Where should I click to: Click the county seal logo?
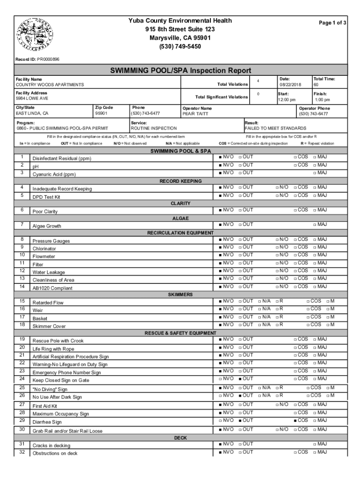tap(31, 35)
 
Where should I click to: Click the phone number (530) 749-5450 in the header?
tap(180, 47)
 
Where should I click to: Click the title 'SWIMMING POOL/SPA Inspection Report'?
tap(180, 71)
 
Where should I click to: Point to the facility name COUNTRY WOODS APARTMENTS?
tap(50, 85)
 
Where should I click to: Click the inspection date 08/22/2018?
tap(291, 85)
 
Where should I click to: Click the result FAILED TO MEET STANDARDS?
tap(275, 128)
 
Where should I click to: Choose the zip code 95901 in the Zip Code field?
tap(101, 113)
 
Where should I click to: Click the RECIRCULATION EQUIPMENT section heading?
tap(180, 232)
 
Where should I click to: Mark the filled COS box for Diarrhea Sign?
tap(295, 420)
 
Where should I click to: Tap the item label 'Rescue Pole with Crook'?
tap(58, 341)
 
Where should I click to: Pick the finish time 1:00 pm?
tap(322, 100)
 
